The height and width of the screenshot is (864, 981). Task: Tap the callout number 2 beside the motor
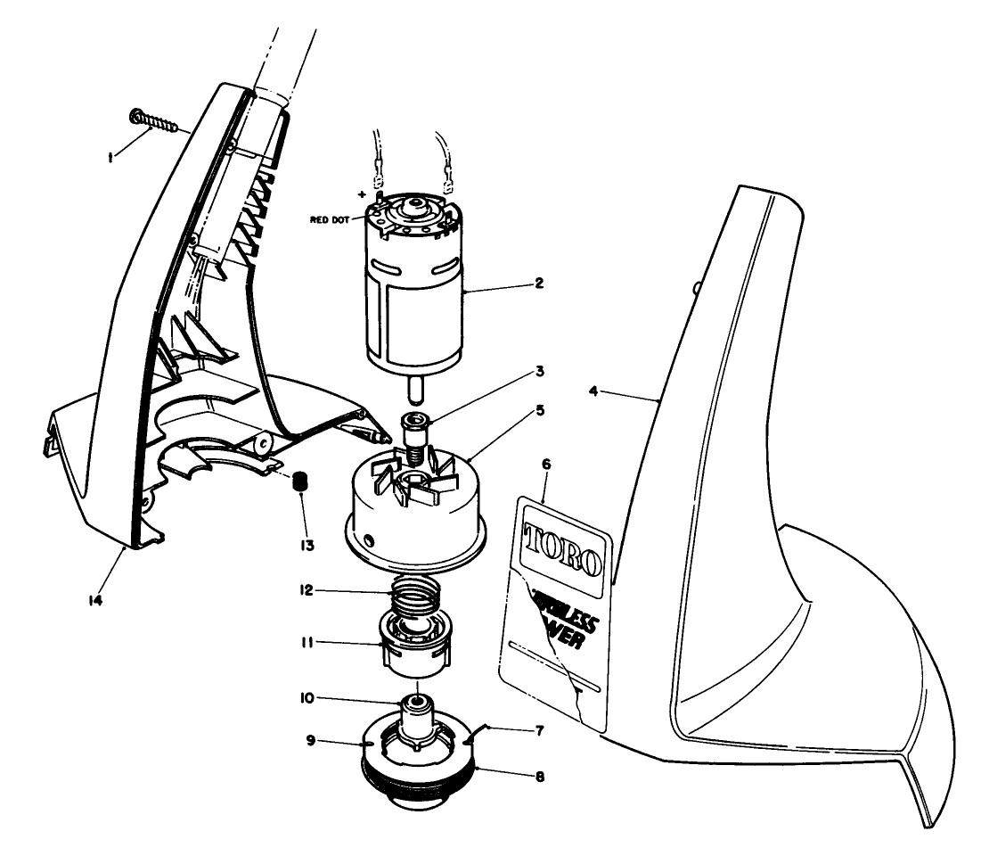(540, 284)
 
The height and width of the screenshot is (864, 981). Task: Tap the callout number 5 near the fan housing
(540, 411)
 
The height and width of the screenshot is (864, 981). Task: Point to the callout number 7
(540, 729)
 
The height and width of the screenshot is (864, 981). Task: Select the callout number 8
(540, 776)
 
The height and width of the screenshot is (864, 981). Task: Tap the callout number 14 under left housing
(95, 600)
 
